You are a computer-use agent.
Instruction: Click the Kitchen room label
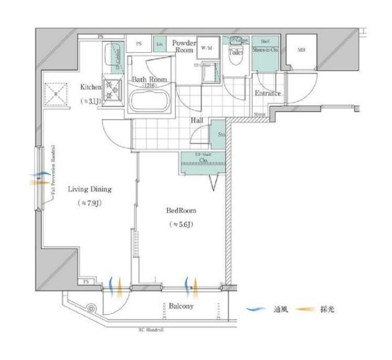91,88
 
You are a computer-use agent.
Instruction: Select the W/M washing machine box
206,48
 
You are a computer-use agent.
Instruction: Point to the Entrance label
267,94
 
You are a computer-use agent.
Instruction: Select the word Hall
197,120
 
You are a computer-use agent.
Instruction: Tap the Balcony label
181,306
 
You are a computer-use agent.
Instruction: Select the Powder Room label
184,47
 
